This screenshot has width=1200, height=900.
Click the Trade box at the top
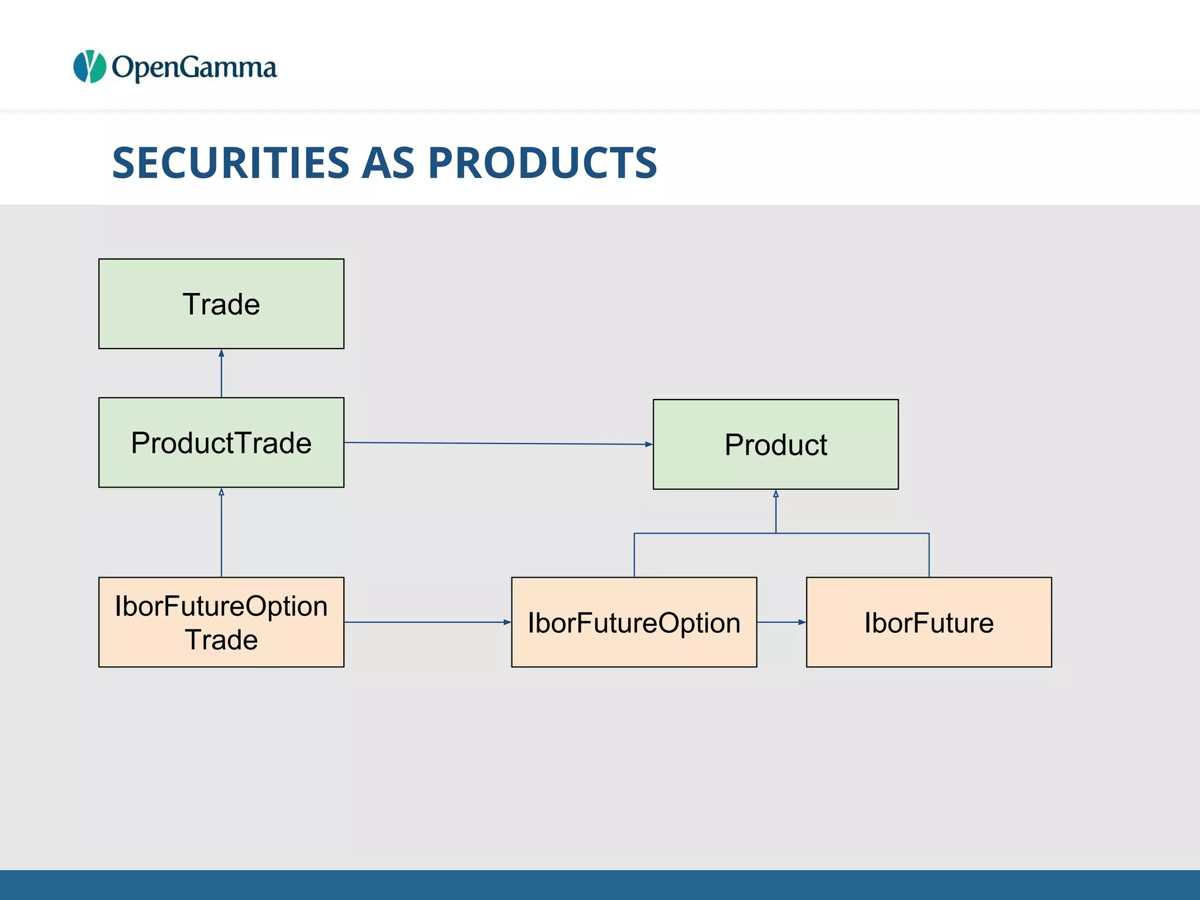pos(221,304)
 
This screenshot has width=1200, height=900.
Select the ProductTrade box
pos(221,442)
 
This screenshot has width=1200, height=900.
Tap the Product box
pos(775,444)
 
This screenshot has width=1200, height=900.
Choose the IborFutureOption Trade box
pos(221,622)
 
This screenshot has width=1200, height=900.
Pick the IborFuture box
pos(929,622)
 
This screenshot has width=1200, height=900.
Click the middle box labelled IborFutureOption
pos(633,622)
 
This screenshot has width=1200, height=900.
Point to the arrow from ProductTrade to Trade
pos(221,373)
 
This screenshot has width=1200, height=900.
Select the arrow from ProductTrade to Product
pos(498,444)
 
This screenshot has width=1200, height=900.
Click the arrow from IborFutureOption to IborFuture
pos(781,622)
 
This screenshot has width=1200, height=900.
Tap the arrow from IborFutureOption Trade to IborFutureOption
pos(427,622)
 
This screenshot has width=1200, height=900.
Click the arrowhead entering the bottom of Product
pos(775,494)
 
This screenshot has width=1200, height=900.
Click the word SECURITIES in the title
pos(230,162)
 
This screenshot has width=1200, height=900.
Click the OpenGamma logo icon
pos(90,66)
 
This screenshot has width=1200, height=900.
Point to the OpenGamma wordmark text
pos(194,67)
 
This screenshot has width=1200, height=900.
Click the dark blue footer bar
pos(600,885)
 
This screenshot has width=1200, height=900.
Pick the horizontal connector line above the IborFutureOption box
pos(703,533)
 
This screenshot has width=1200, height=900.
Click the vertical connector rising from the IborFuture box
pos(929,555)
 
